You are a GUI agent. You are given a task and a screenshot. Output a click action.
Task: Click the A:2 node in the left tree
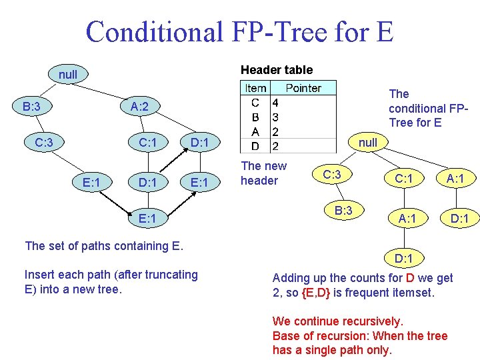click(x=139, y=106)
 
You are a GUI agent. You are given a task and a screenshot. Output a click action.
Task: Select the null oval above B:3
click(x=67, y=75)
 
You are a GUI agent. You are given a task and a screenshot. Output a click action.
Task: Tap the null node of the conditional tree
click(x=367, y=142)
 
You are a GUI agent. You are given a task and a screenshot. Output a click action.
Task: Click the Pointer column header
click(x=303, y=88)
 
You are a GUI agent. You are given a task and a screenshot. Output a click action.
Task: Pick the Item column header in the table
click(x=255, y=88)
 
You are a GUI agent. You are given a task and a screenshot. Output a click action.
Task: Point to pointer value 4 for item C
click(x=275, y=103)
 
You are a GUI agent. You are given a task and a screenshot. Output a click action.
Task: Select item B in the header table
click(x=255, y=117)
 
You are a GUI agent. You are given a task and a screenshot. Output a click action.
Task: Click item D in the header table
click(x=255, y=145)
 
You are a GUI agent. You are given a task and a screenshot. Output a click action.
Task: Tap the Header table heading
click(x=276, y=69)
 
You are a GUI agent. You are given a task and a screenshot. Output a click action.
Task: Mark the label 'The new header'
click(x=263, y=173)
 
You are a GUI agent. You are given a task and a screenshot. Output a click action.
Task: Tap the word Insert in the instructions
click(x=39, y=274)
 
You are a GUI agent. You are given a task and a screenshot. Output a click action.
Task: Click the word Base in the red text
click(x=286, y=336)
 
